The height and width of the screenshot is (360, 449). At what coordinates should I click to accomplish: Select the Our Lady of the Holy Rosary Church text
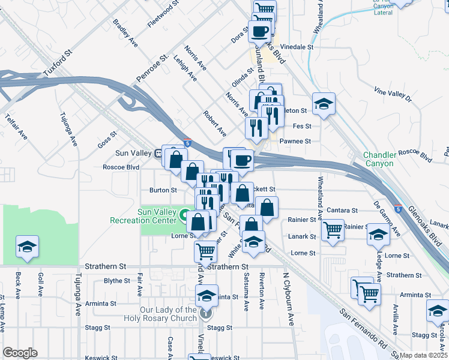click(x=160, y=314)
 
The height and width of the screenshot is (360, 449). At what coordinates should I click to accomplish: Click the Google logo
click(x=20, y=353)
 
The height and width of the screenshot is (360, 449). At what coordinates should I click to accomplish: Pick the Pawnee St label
click(x=298, y=141)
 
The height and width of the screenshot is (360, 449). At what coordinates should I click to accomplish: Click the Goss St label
click(x=106, y=142)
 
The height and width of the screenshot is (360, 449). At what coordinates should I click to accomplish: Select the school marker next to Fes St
click(x=324, y=103)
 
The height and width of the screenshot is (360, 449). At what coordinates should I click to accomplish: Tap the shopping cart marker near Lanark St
click(x=333, y=229)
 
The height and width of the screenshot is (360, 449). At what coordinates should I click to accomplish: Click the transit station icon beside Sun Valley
click(x=160, y=152)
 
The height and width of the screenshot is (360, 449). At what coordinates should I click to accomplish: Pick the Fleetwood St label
click(x=163, y=14)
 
